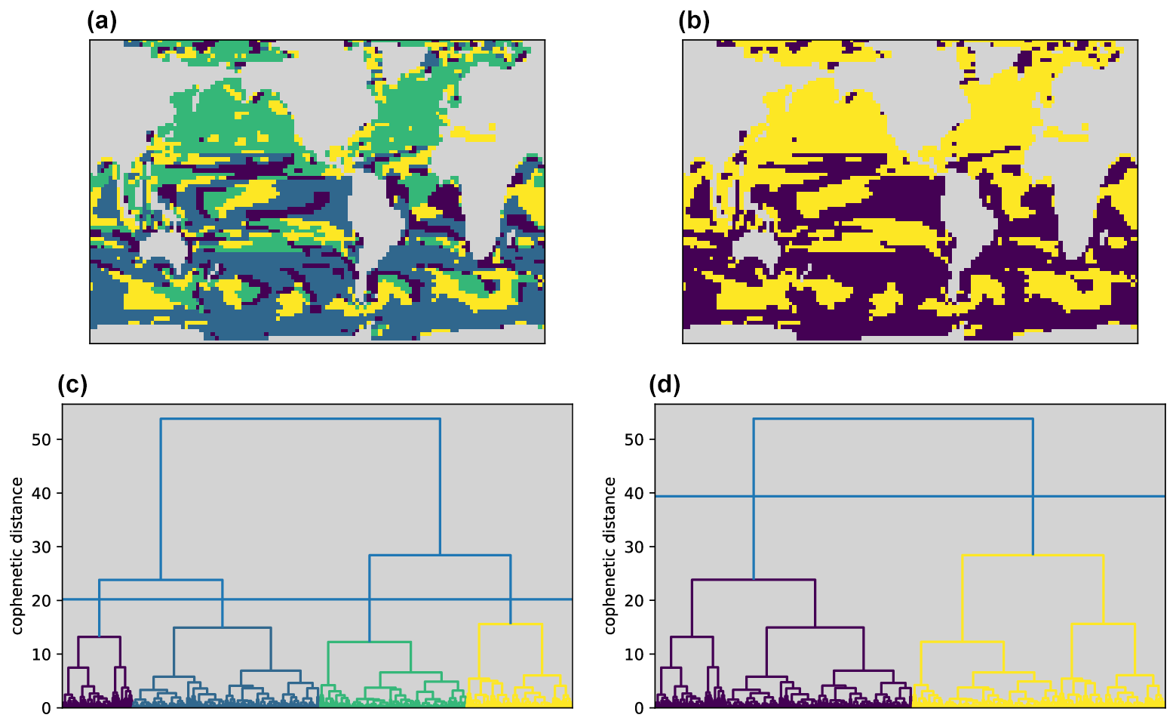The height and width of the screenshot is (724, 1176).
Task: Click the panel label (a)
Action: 102,21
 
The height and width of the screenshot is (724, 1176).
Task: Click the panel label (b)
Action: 694,21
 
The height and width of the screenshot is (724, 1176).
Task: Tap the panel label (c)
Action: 72,385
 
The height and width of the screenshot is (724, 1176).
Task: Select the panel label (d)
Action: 665,385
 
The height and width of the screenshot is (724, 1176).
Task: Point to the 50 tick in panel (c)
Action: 42,439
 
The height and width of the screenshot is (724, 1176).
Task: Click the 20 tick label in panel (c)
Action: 42,601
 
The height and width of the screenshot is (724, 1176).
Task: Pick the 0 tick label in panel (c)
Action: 47,708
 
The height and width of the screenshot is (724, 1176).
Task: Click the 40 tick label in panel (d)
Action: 635,494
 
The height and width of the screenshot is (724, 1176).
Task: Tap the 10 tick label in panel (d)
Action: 635,655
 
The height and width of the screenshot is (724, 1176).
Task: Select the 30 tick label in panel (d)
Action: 635,547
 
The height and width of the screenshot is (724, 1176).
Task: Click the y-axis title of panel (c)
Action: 18,556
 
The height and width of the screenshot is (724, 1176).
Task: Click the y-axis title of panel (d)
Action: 611,556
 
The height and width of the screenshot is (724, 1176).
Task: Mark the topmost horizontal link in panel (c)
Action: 300,418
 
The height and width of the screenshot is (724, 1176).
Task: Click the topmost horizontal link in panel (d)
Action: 893,418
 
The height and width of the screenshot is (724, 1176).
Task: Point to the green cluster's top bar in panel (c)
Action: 370,642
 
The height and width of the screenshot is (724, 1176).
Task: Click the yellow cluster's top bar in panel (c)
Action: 511,624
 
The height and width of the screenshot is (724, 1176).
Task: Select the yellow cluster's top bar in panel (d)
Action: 1033,556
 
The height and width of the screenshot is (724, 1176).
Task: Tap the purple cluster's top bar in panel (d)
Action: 754,580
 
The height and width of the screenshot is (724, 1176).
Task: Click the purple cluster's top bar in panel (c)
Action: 99,636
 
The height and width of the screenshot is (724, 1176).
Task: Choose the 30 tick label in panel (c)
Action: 42,547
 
